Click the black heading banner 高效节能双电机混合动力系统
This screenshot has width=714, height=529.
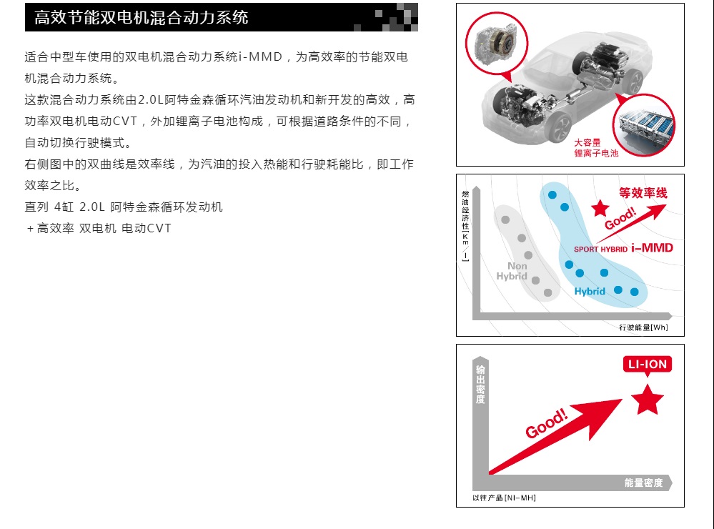click(x=222, y=17)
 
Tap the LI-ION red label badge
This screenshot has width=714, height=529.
click(x=647, y=365)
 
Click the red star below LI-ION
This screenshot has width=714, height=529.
click(x=648, y=399)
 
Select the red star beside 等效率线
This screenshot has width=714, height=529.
click(x=600, y=208)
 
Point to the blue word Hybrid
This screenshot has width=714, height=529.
click(x=590, y=291)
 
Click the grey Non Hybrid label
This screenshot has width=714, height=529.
click(x=512, y=271)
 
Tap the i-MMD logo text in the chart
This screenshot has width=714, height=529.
click(x=652, y=248)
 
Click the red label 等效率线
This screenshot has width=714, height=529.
click(x=643, y=193)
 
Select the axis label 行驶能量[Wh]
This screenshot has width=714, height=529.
click(x=643, y=327)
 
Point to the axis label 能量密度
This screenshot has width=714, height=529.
click(x=643, y=483)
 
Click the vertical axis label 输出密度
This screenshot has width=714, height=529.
click(x=480, y=385)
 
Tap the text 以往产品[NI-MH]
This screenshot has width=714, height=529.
click(x=504, y=498)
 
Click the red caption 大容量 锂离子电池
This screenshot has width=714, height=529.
click(x=596, y=148)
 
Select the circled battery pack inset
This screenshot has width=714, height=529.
click(x=643, y=124)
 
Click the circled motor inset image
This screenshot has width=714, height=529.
click(x=496, y=44)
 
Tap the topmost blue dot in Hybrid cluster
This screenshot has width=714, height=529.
click(x=552, y=195)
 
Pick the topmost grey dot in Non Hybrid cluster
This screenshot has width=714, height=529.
click(x=505, y=219)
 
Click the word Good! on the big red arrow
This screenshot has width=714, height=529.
click(x=547, y=423)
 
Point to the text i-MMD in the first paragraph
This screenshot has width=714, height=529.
click(x=260, y=57)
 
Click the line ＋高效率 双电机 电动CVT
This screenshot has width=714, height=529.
click(x=99, y=228)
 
